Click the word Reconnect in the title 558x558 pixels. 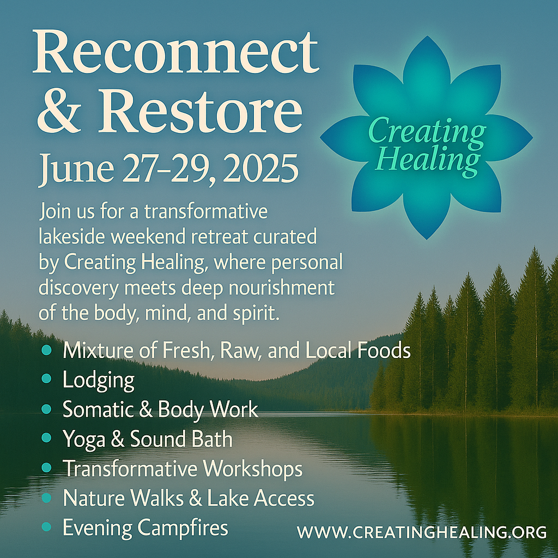pos(176,52)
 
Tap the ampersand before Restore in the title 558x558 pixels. pos(59,111)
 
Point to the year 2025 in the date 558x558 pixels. pos(261,168)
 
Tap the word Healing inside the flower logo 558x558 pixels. pos(428,160)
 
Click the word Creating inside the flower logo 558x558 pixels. pos(427,132)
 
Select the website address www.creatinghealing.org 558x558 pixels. pos(422,532)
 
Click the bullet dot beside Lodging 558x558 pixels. pos(46,379)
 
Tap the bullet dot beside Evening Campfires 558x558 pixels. pos(46,527)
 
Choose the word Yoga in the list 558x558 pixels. pos(84,440)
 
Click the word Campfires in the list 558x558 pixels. pos(183,527)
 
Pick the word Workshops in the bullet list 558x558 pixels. pos(253,469)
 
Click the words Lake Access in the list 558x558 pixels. pos(260,498)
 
